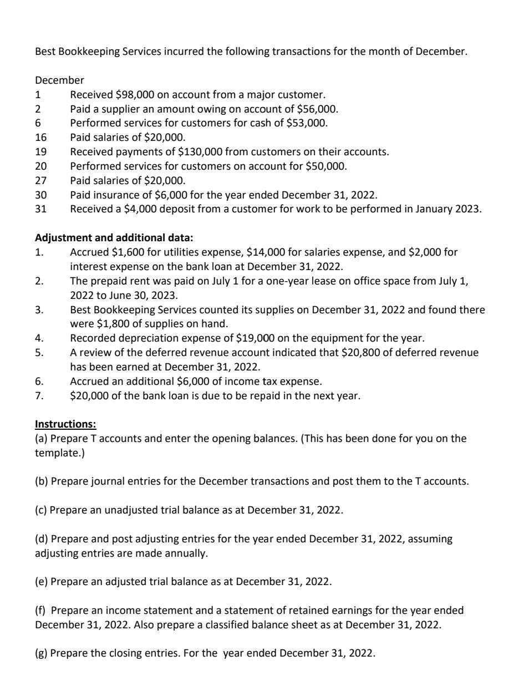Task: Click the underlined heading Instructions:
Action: [65, 425]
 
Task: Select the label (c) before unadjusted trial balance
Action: [41, 510]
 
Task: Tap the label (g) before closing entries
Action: [41, 653]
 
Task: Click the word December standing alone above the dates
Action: [59, 80]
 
